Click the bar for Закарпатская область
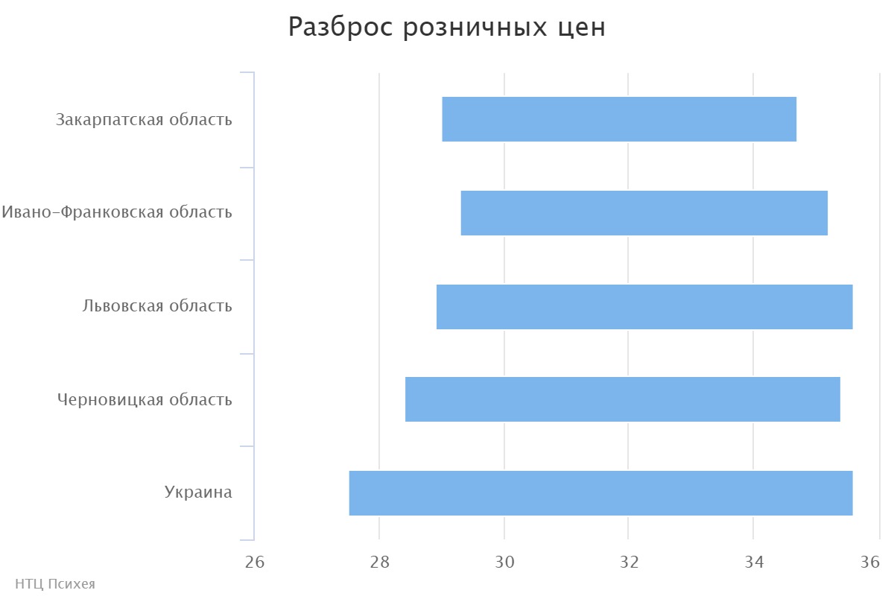pyautogui.click(x=619, y=119)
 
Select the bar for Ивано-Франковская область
pyautogui.click(x=644, y=213)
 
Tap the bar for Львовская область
pyautogui.click(x=644, y=307)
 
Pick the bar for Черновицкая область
pyautogui.click(x=623, y=399)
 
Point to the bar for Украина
pyautogui.click(x=600, y=493)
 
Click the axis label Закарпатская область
pyautogui.click(x=144, y=119)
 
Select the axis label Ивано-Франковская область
pyautogui.click(x=117, y=212)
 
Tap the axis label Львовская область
pyautogui.click(x=157, y=306)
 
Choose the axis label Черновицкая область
pyautogui.click(x=145, y=400)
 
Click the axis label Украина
pyautogui.click(x=198, y=492)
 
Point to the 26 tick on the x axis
pyautogui.click(x=255, y=562)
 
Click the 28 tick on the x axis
pyautogui.click(x=379, y=562)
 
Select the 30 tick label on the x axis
pyautogui.click(x=504, y=562)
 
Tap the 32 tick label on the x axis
pyautogui.click(x=629, y=562)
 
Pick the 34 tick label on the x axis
pyautogui.click(x=753, y=562)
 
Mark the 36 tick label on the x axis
pyautogui.click(x=870, y=562)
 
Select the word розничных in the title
pyautogui.click(x=474, y=28)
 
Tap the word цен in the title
pyautogui.click(x=581, y=28)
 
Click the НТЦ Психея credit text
pyautogui.click(x=55, y=584)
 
